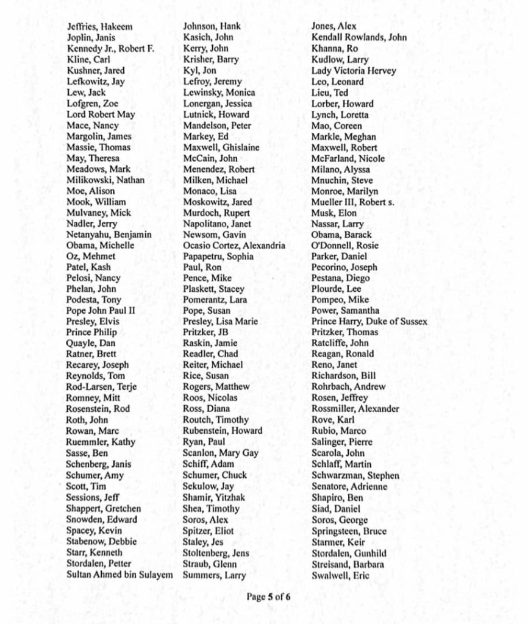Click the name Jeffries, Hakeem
coord(99,27)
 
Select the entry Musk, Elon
coord(334,213)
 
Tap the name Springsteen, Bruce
coord(349,531)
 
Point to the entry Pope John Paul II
coord(101,311)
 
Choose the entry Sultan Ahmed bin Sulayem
coord(120,575)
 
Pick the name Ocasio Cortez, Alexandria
coord(234,246)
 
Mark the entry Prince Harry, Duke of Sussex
coord(369,322)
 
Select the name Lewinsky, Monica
coord(219,93)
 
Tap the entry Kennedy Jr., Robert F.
coord(110,49)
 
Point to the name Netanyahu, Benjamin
coord(109,235)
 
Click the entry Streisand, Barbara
coord(348,564)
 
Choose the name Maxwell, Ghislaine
coord(221,147)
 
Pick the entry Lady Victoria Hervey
coord(354,71)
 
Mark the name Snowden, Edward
coord(102,520)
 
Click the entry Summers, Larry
coord(215,575)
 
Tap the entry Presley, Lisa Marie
coord(220,322)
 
